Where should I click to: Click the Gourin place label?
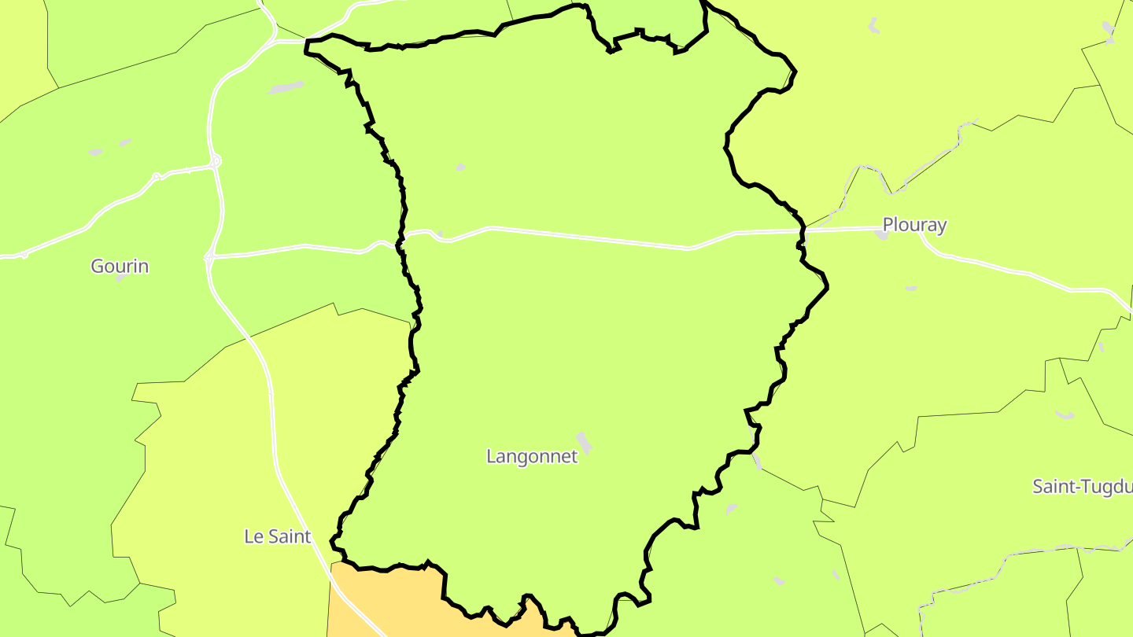[120, 266]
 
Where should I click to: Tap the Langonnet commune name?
[532, 456]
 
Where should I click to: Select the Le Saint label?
[278, 536]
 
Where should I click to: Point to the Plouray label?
[914, 225]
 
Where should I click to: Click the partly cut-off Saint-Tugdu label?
[1082, 486]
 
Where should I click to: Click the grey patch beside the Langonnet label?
[584, 442]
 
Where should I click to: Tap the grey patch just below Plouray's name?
[881, 234]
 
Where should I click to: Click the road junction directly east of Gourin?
[209, 256]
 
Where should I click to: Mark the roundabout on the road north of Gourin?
[216, 161]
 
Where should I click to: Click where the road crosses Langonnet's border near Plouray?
[803, 230]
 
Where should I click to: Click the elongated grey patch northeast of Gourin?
[286, 87]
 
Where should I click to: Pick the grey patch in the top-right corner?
[1109, 31]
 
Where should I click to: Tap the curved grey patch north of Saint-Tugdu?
[1065, 414]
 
